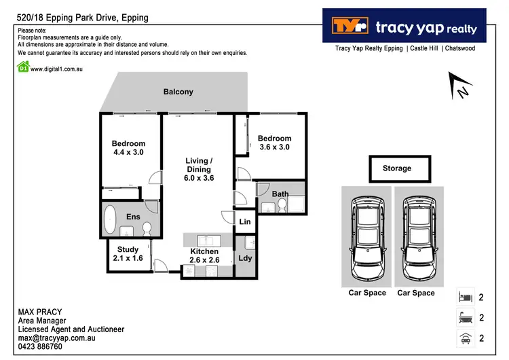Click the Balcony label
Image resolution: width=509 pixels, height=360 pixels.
click(x=178, y=92)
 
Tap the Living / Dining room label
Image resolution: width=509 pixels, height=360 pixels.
click(x=199, y=169)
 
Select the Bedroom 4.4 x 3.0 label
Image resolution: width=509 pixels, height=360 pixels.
click(x=128, y=148)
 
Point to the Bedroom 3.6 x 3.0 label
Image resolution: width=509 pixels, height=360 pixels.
click(x=274, y=143)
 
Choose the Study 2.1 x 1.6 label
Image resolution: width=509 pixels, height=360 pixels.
click(x=128, y=254)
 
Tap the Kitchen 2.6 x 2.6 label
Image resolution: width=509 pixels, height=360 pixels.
click(x=204, y=256)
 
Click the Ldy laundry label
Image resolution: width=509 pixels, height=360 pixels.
click(x=245, y=258)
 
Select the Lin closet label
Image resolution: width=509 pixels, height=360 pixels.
click(x=245, y=222)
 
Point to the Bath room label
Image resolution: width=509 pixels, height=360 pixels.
click(x=280, y=194)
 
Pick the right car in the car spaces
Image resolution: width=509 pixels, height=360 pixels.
click(x=415, y=237)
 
